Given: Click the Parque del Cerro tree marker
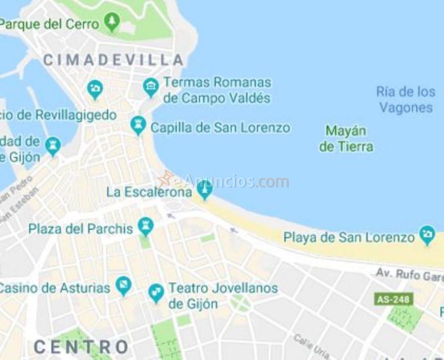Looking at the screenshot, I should pos(113,22).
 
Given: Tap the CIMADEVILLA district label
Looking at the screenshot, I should pos(113,60).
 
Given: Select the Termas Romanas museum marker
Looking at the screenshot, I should pos(151,87).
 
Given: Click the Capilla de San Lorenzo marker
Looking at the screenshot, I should pos(138,125).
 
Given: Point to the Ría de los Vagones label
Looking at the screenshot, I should pos(406,99).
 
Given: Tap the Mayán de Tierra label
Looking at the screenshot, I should pos(346,139).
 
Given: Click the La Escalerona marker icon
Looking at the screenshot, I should pos(204,191).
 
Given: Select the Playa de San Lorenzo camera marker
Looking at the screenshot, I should pos(427,235).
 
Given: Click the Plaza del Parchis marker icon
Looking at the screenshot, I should pos(146,226).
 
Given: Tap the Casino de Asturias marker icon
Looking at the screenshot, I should pos(123,287).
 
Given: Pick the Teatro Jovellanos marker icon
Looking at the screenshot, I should pos(156,293).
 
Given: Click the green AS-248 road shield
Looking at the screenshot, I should pos(393,299).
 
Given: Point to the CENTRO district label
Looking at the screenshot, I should pos(81,347).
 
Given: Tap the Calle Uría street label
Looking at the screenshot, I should pos(311,346).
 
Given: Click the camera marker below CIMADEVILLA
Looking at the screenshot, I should pos(95,89).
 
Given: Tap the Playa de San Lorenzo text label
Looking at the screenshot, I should pos(349,238).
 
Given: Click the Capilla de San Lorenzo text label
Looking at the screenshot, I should pos(220,128).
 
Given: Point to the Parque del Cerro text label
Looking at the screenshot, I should pos(50,24).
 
